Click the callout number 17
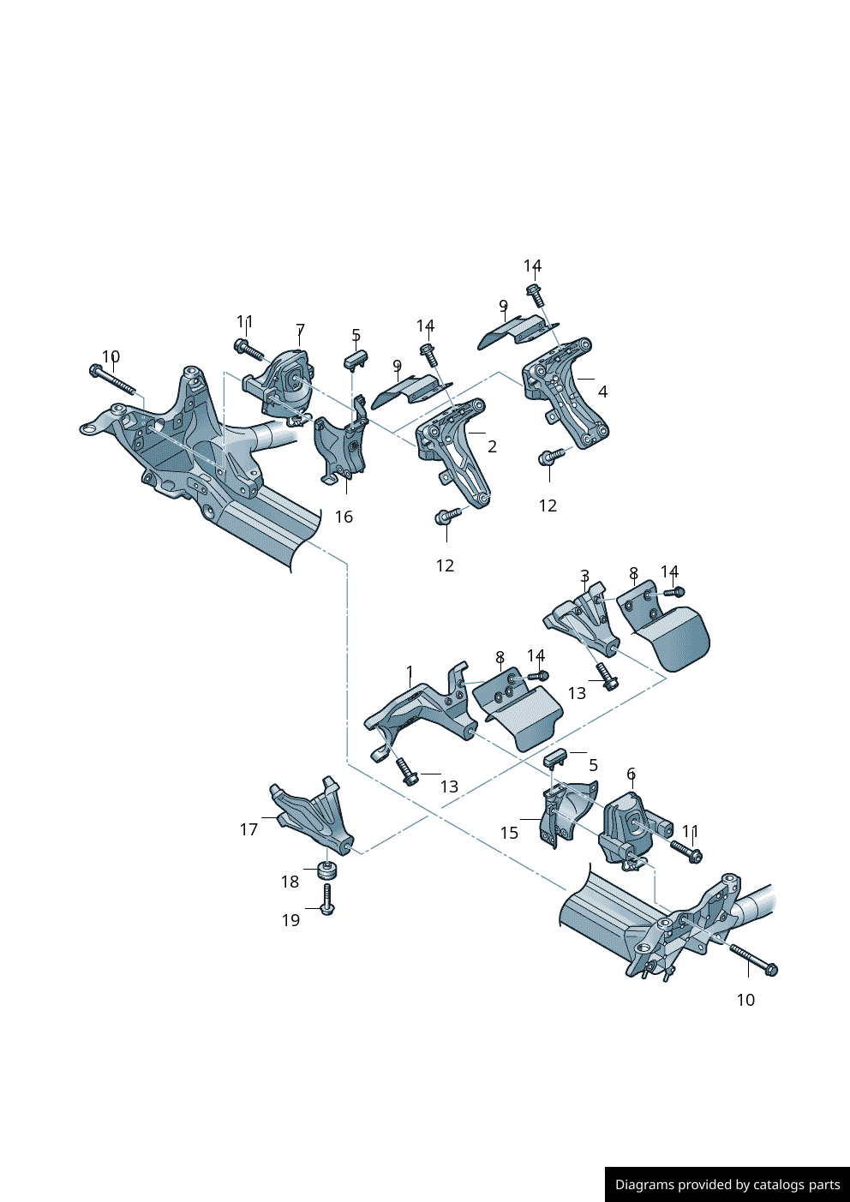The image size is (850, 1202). [248, 829]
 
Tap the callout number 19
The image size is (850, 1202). [291, 920]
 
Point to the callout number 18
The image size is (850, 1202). [290, 882]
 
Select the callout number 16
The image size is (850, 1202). [344, 517]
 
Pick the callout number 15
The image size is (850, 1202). [509, 833]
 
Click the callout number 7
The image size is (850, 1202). [300, 330]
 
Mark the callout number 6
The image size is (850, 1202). [631, 774]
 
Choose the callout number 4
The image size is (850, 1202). [602, 392]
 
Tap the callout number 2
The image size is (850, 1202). [492, 446]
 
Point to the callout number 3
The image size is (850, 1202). [584, 576]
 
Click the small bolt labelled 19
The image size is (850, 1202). [327, 900]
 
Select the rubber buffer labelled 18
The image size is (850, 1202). [326, 870]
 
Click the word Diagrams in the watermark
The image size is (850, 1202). [643, 1185]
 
